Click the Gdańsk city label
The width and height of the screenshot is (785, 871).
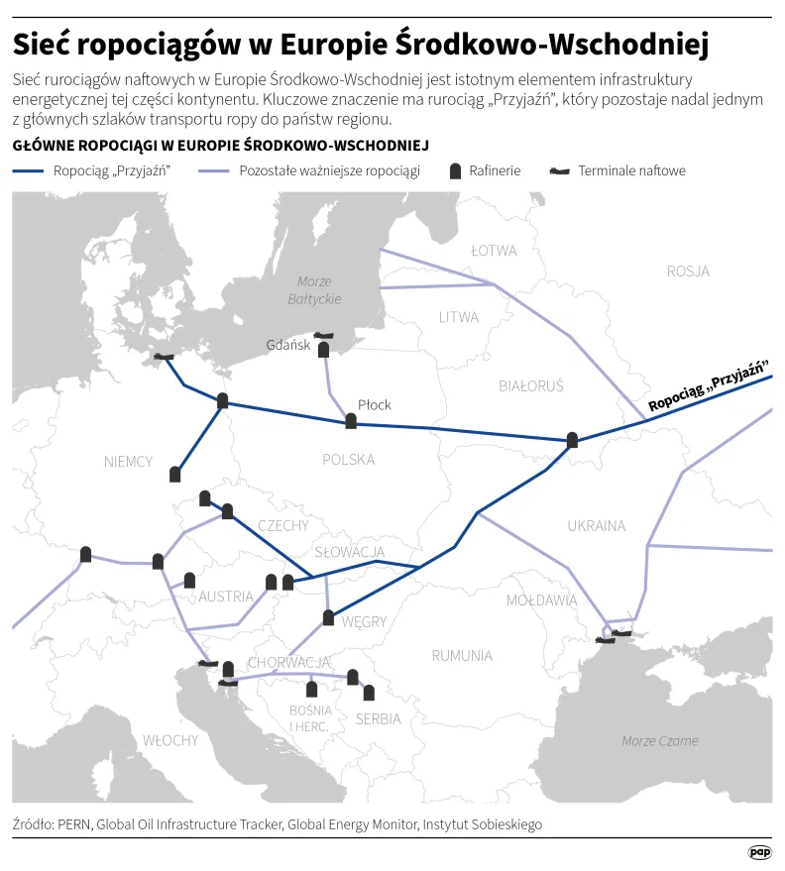point(288,345)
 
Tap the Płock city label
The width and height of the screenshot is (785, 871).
point(375,404)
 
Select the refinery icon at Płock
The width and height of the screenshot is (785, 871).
point(351,421)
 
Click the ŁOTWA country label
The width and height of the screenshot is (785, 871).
point(494,251)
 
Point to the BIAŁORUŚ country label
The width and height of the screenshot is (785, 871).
point(530,385)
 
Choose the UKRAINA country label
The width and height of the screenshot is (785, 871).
point(596,525)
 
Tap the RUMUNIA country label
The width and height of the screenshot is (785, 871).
point(462,655)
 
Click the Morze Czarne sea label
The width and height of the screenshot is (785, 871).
point(659,740)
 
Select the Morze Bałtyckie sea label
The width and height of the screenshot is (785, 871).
point(315,289)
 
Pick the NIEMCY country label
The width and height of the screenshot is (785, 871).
point(129,461)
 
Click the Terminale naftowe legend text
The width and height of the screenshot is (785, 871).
point(631,170)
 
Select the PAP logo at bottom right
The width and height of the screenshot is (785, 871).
point(759,851)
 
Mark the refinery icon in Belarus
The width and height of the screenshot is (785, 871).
point(572,439)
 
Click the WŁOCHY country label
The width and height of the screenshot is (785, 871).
point(169,740)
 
